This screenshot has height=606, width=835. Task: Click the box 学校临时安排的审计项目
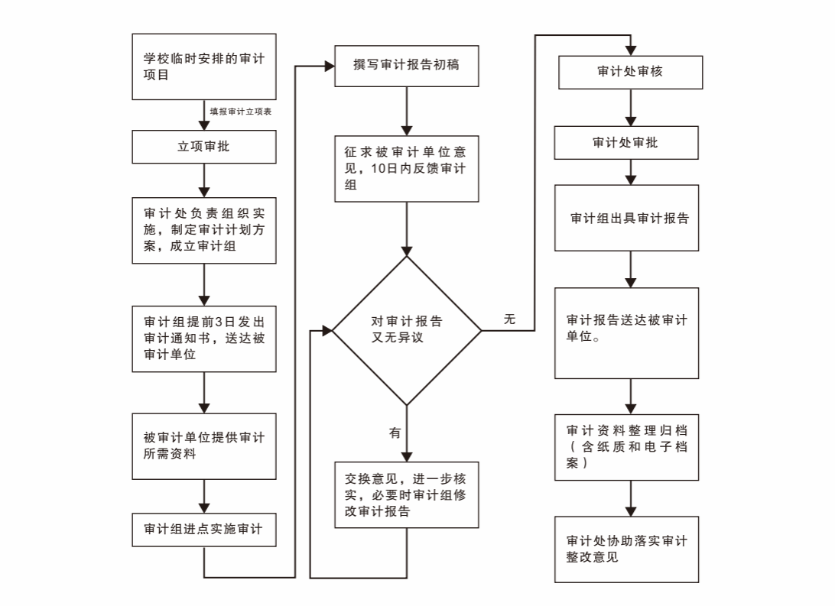(x=203, y=66)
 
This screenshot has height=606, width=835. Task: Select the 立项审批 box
(x=203, y=147)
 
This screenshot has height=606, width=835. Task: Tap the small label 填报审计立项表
(x=242, y=112)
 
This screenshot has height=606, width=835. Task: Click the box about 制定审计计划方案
(x=203, y=230)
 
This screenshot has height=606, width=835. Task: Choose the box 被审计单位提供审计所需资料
(x=203, y=446)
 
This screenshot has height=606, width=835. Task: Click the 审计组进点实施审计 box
(x=203, y=530)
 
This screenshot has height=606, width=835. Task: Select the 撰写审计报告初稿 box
(x=407, y=66)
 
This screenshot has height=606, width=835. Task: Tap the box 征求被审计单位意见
(x=407, y=169)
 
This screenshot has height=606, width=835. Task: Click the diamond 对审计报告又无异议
(x=407, y=330)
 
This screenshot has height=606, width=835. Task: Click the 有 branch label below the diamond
(x=395, y=433)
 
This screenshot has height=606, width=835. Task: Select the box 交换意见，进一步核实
(x=407, y=494)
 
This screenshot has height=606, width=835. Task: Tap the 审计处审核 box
(x=630, y=73)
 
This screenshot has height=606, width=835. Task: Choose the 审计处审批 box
(x=625, y=142)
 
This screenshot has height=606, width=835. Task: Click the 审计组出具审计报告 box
(x=626, y=218)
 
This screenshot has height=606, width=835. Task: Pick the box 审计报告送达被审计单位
(x=626, y=332)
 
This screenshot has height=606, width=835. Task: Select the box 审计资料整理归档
(x=626, y=447)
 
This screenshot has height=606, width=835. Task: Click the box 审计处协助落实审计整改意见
(x=626, y=549)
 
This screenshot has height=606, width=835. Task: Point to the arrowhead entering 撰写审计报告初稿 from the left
(x=330, y=66)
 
